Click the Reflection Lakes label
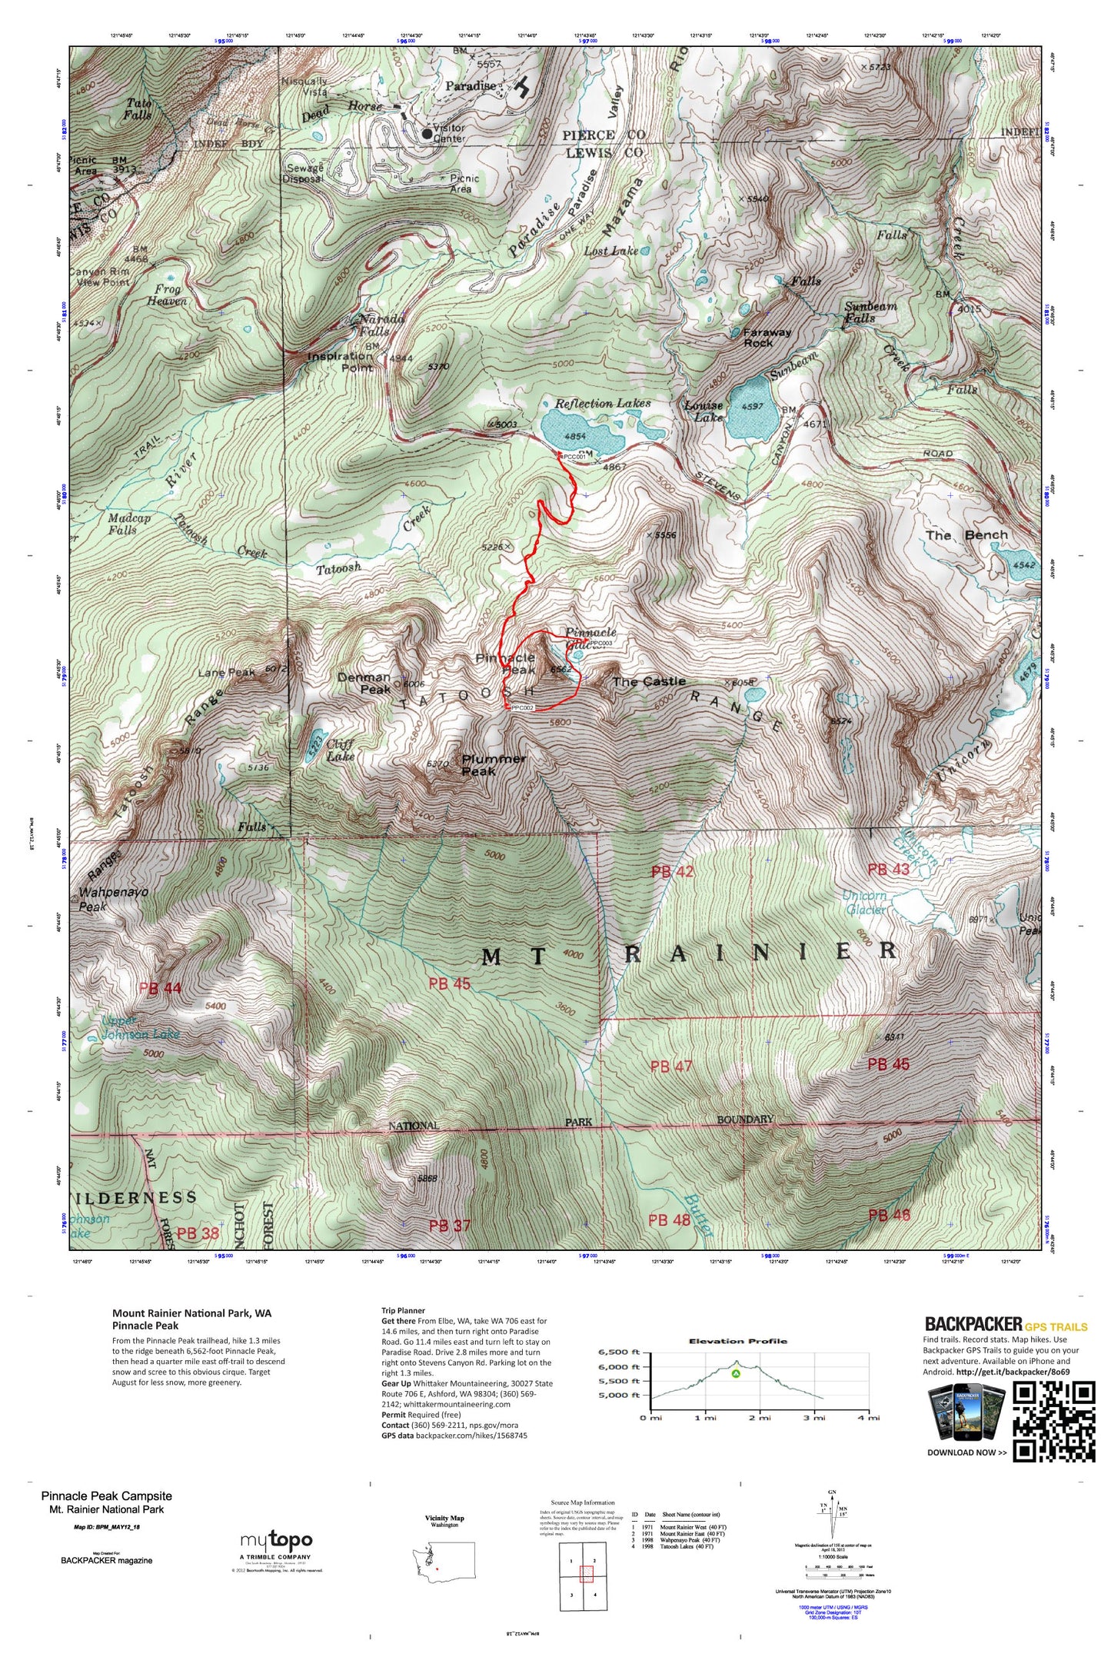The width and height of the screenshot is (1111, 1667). click(603, 403)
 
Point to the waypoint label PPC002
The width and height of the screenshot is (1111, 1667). click(522, 707)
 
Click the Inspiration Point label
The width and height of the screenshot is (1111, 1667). click(341, 361)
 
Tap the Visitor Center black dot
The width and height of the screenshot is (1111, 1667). click(427, 133)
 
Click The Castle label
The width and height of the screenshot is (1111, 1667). click(648, 681)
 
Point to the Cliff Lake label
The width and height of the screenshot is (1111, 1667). click(340, 750)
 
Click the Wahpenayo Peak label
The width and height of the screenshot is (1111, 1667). click(113, 899)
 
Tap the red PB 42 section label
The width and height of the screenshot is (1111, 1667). click(672, 871)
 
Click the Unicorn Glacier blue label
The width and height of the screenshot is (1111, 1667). click(865, 903)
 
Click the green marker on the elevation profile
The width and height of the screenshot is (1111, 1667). click(736, 1373)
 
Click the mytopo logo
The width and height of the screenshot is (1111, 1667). click(276, 1540)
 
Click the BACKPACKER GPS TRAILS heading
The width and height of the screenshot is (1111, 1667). click(1006, 1323)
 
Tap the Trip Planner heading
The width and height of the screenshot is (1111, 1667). click(403, 1310)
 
